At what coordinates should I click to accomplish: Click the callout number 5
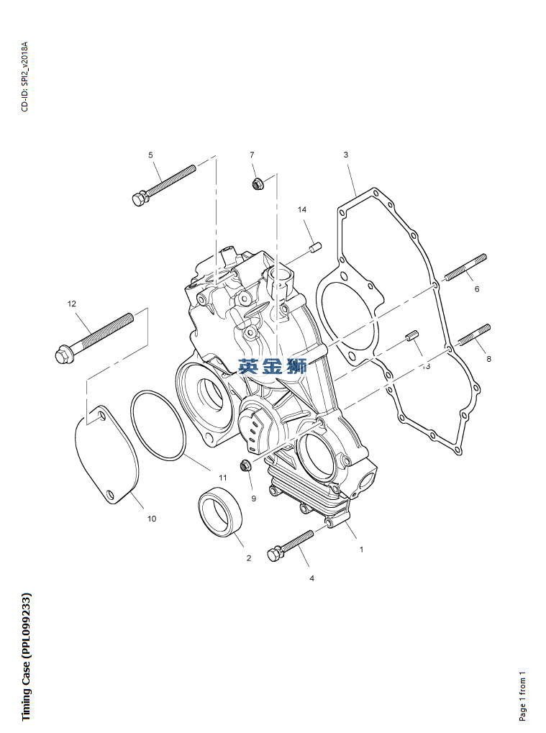(150, 155)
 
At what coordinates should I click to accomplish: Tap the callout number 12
(71, 304)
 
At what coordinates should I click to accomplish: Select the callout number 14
(302, 209)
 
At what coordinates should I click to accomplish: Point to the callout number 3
(345, 155)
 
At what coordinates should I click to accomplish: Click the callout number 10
(151, 518)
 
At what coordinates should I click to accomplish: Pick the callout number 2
(249, 557)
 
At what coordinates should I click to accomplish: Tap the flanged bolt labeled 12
(94, 334)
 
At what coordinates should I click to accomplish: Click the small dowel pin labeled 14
(313, 248)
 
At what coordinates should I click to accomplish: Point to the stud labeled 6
(465, 266)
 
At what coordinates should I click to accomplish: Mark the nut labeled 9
(245, 466)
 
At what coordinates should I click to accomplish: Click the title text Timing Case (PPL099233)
(26, 656)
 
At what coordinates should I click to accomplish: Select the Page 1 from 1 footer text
(523, 696)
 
